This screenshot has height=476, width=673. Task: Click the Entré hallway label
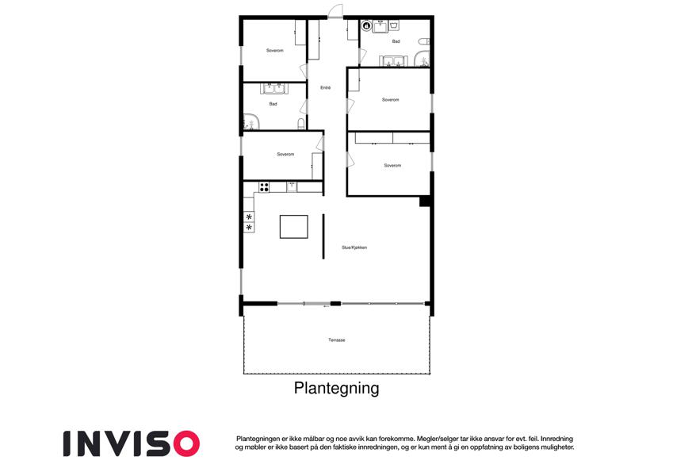[x=325, y=87]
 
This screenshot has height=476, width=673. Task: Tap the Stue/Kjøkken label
[x=354, y=248]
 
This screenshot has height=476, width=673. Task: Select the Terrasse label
[x=336, y=340]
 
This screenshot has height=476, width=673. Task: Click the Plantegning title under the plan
[x=336, y=388]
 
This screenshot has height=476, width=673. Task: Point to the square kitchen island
[x=294, y=227]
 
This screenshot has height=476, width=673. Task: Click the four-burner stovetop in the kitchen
[x=264, y=187]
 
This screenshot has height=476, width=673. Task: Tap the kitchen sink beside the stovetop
[x=292, y=186]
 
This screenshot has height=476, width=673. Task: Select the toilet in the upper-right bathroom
[x=424, y=42]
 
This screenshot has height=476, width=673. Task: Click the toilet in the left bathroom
[x=301, y=124]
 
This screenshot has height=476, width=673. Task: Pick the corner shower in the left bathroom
[x=251, y=121]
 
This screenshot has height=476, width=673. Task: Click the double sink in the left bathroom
[x=274, y=89]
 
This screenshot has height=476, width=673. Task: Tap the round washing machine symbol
[x=366, y=25]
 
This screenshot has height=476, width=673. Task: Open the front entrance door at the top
[x=335, y=12]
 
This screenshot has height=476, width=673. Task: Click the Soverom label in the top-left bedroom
[x=275, y=50]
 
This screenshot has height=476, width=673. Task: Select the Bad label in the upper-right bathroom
[x=396, y=41]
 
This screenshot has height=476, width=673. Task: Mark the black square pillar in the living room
[x=425, y=201]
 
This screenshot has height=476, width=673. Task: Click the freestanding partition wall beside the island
[x=323, y=236]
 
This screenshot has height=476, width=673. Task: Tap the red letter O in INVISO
[x=185, y=443]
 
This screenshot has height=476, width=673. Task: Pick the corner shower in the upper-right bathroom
[x=422, y=59]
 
